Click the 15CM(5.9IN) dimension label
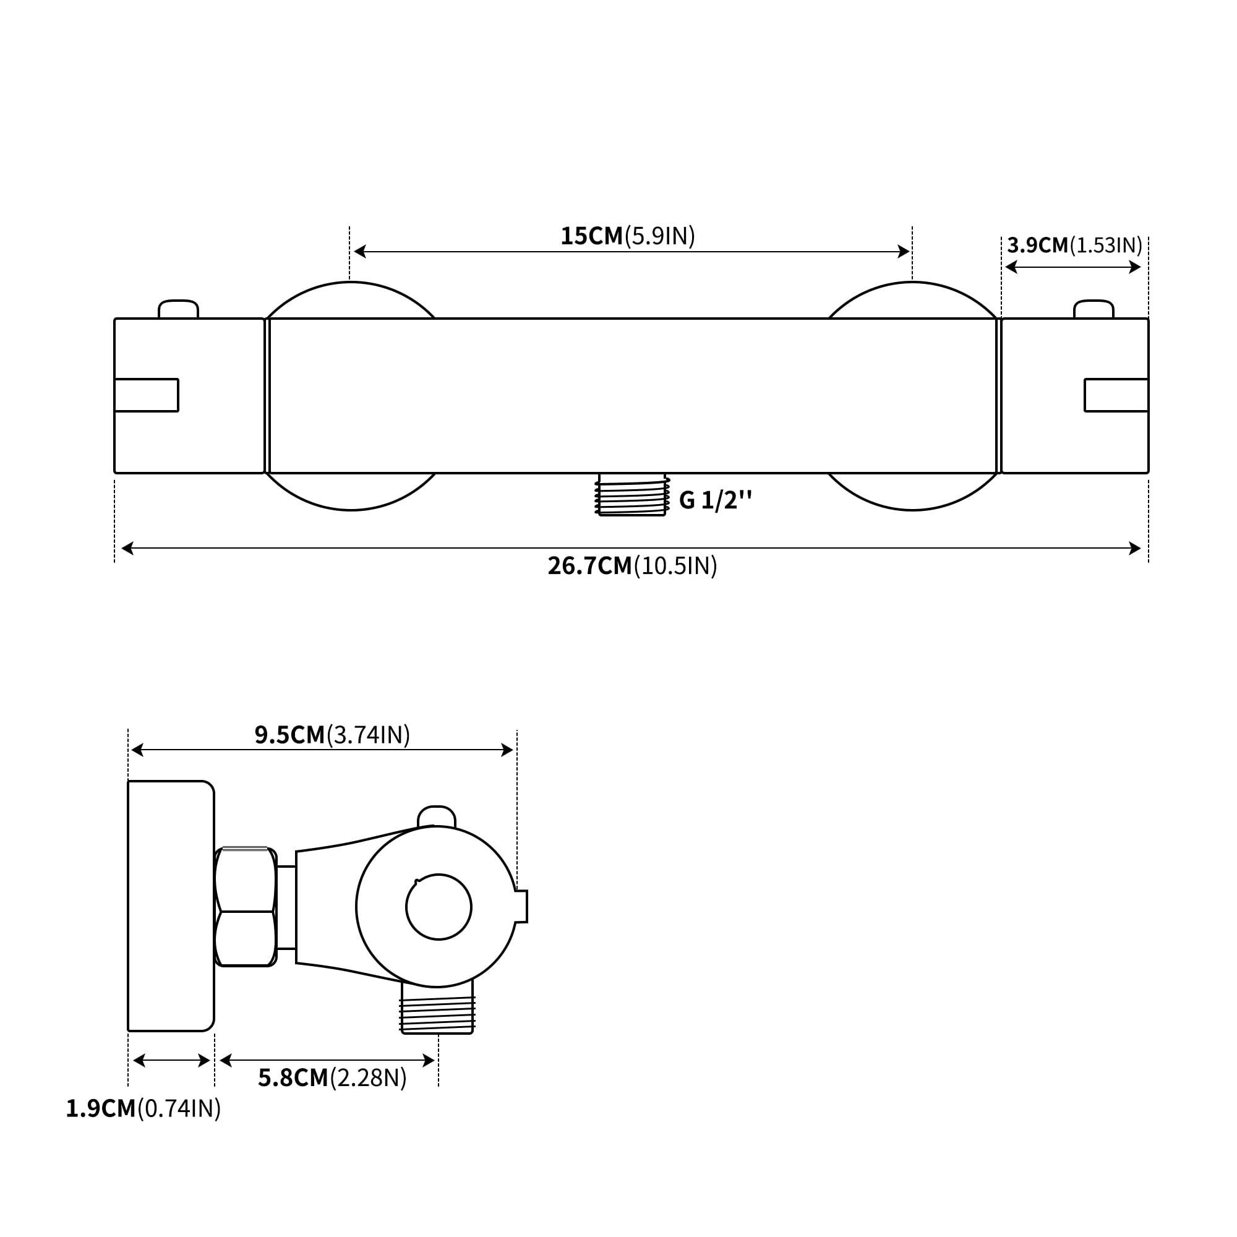(627, 236)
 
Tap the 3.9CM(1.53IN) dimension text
(1074, 245)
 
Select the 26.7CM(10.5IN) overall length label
(632, 566)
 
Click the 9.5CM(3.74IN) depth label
(332, 735)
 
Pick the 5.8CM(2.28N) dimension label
(332, 1078)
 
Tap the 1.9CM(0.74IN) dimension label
(143, 1109)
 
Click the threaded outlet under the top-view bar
(632, 494)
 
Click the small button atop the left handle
(179, 309)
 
